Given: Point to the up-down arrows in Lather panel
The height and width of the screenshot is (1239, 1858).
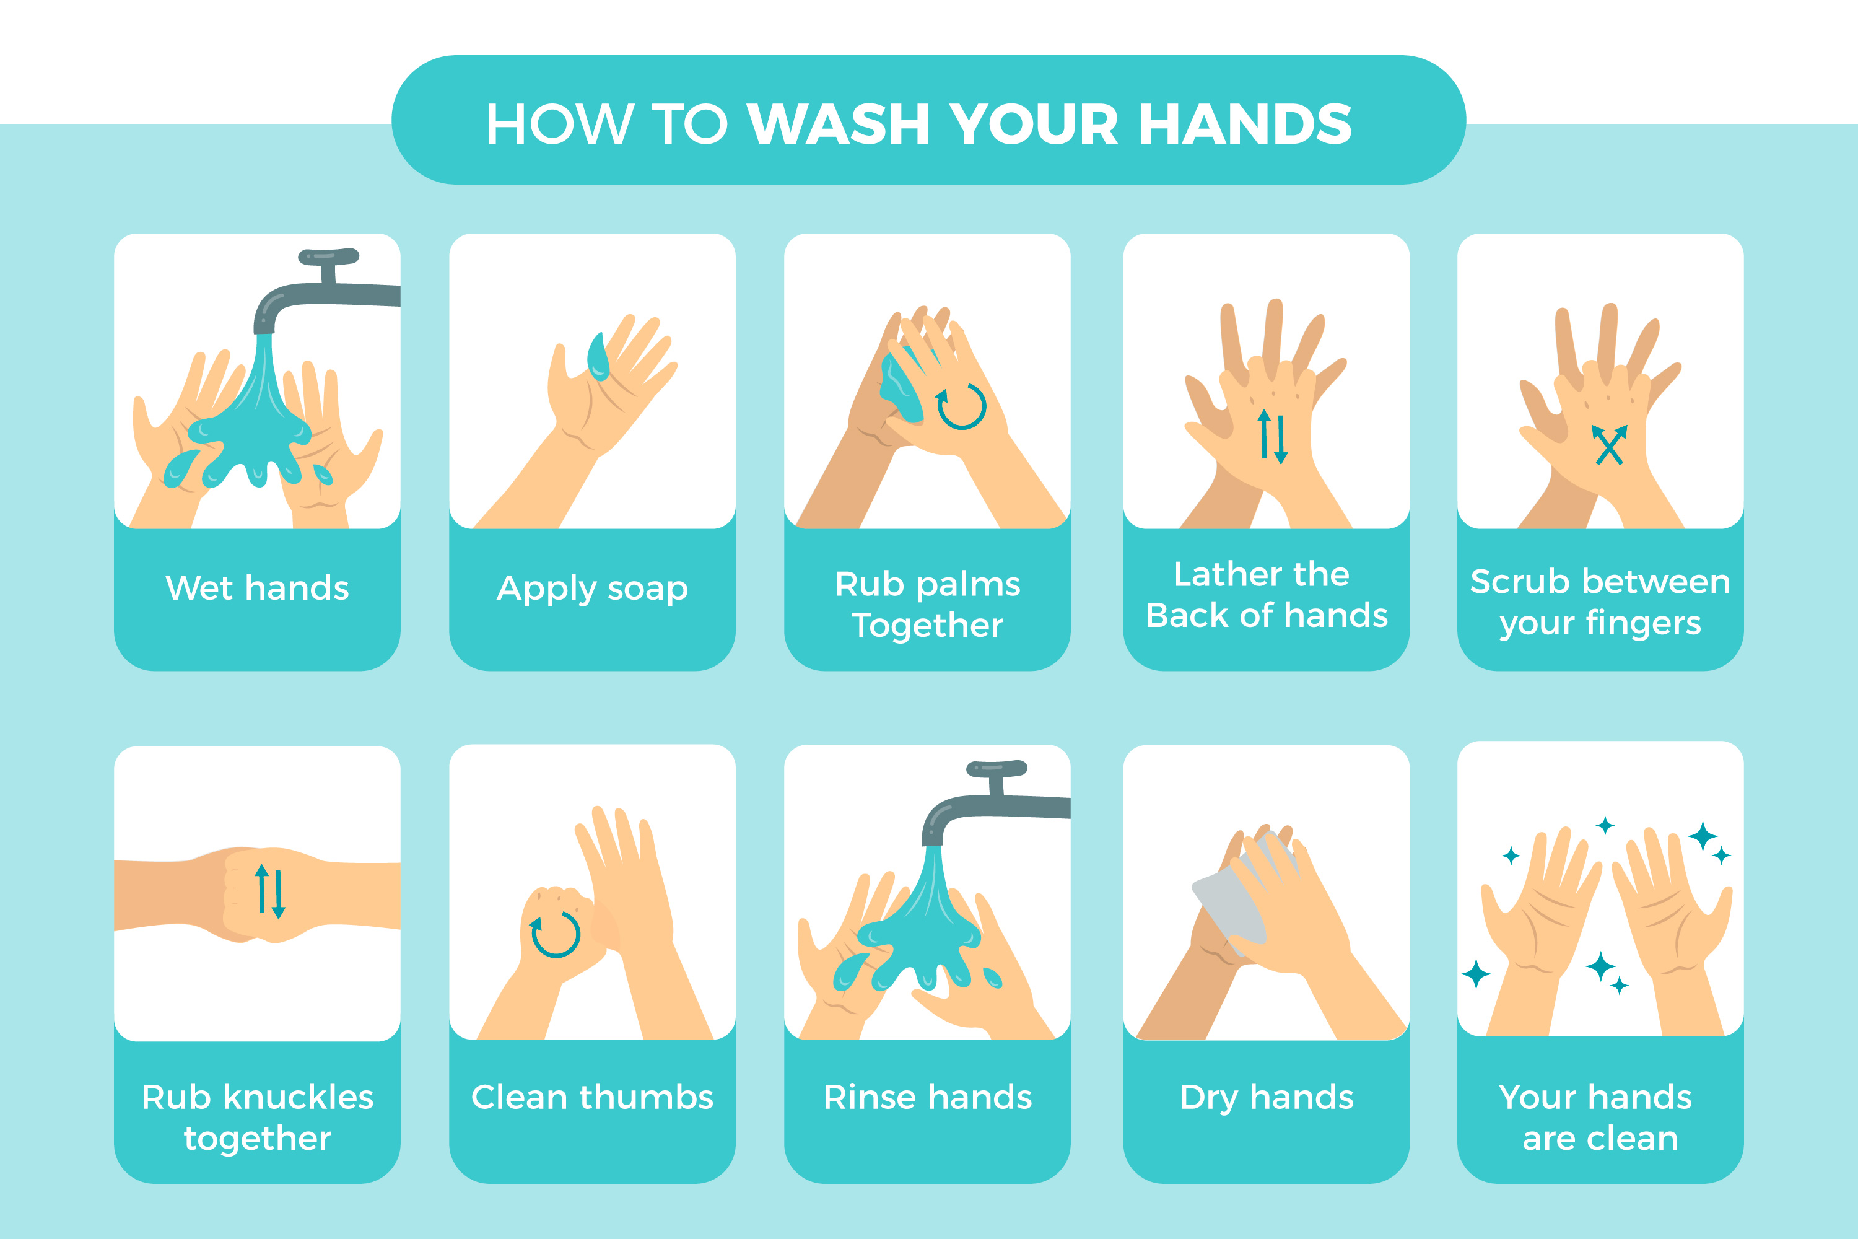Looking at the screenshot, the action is pyautogui.click(x=1273, y=436).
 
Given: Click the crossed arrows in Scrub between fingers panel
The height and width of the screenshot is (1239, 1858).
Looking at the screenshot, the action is pyautogui.click(x=1609, y=445).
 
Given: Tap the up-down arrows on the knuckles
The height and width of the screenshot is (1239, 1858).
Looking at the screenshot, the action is pyautogui.click(x=269, y=891).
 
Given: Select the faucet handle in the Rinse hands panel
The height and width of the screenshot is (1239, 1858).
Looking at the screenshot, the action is pyautogui.click(x=997, y=768).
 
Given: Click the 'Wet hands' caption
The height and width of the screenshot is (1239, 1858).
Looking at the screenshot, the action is pyautogui.click(x=258, y=588).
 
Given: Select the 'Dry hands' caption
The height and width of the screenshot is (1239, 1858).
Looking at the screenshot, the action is pyautogui.click(x=1267, y=1098).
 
